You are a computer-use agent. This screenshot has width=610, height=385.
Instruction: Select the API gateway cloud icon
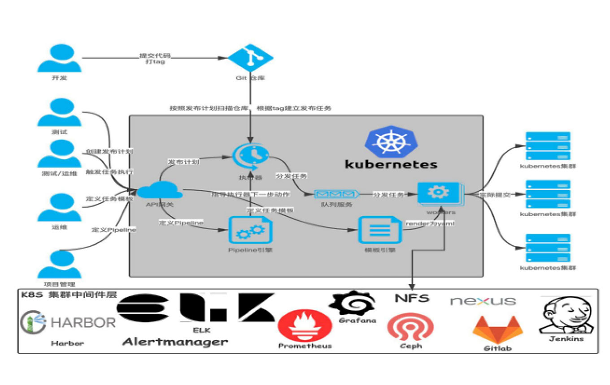pyautogui.click(x=159, y=190)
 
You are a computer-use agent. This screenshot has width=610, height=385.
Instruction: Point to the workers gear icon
pyautogui.click(x=438, y=193)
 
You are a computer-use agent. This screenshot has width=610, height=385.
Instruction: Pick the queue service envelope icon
pyautogui.click(x=336, y=194)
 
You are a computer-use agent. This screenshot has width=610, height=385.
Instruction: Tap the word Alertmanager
pyautogui.click(x=175, y=342)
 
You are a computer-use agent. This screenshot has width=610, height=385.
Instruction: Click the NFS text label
pyautogui.click(x=412, y=298)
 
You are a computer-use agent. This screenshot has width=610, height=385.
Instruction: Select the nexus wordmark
pyautogui.click(x=483, y=301)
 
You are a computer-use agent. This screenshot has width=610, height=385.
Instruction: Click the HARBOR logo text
pyautogui.click(x=83, y=322)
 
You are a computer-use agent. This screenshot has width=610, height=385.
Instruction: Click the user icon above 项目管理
pyautogui.click(x=59, y=264)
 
